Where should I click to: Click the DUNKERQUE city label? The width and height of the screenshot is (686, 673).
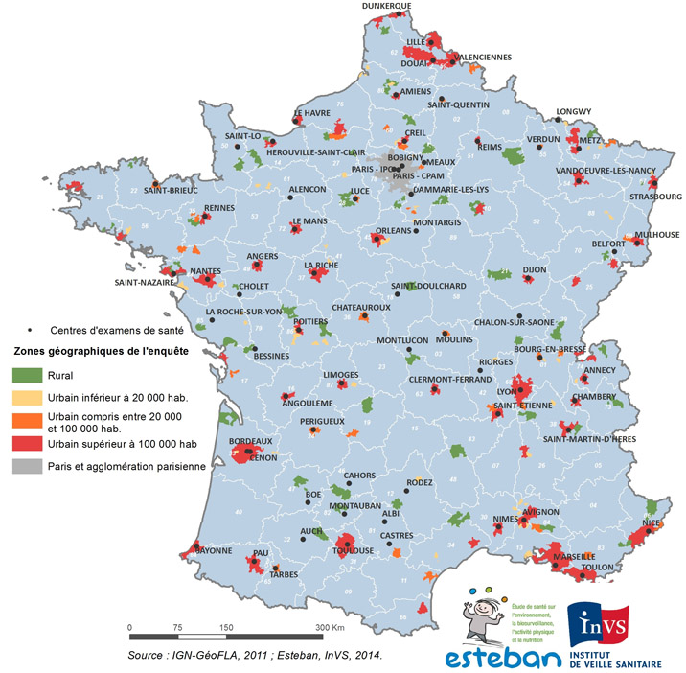point(387,6)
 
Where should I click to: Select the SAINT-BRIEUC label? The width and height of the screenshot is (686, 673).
point(171,190)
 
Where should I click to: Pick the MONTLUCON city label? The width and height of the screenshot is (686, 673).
point(402,340)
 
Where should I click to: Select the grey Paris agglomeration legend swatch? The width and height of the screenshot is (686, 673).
point(26,467)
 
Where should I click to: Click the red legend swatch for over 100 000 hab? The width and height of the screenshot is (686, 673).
point(26,444)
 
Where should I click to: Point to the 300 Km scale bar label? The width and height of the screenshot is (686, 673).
point(331,628)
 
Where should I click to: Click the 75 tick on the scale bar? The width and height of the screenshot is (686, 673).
point(176,628)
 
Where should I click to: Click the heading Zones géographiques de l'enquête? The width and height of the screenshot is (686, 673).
point(100,351)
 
